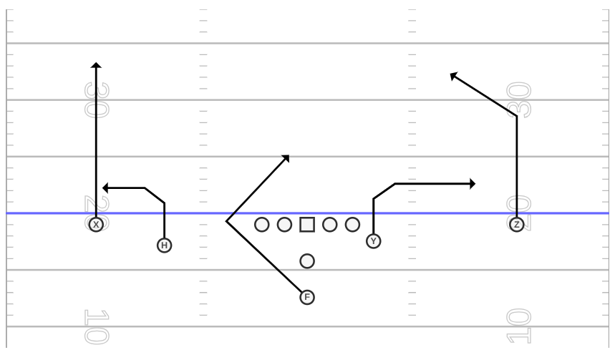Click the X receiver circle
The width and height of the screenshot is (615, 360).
coord(96,225)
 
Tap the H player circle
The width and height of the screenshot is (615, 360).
coord(165,245)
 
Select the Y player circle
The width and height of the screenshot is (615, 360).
coord(374,240)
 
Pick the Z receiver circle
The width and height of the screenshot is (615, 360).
coord(516,224)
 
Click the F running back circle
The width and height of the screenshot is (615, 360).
coord(307,297)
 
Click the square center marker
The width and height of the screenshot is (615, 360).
coord(307,225)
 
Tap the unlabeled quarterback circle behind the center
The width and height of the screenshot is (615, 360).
coord(307,261)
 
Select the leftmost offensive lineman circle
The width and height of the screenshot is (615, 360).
coord(261,225)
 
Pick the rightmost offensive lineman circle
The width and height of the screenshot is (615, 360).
coord(353,225)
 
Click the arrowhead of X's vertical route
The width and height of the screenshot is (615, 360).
coord(96,64)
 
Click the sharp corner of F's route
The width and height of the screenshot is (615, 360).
coord(226,222)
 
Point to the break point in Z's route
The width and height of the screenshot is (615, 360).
coord(516,116)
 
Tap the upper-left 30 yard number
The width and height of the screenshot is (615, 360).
coord(97,99)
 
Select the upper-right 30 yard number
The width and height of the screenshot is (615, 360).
coord(518,99)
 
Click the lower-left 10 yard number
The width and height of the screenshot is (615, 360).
coord(97,327)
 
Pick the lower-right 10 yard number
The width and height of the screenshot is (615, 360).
coord(518,326)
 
